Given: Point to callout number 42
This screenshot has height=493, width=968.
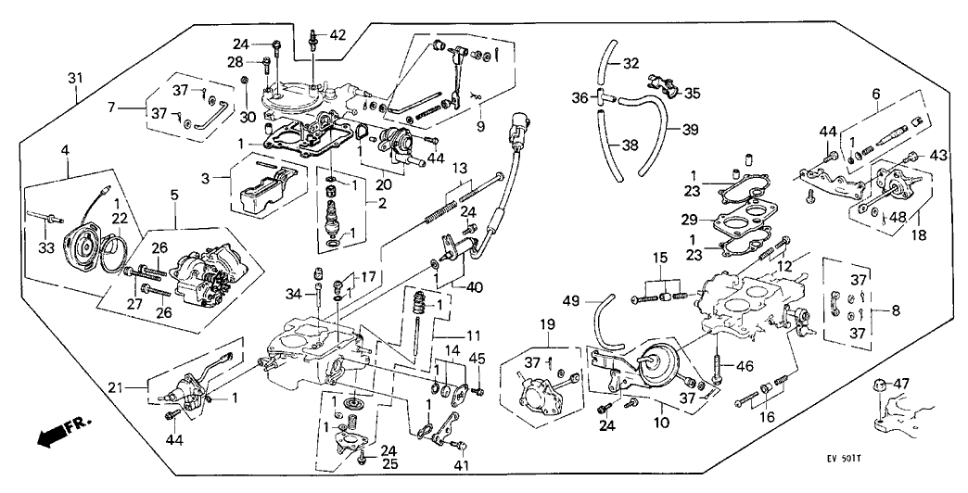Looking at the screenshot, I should [338, 35].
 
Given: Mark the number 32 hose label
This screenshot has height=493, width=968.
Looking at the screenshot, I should [630, 64].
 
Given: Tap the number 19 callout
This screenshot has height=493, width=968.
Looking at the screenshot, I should [548, 324].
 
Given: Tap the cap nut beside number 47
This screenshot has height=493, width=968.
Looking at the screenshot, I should [877, 386].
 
